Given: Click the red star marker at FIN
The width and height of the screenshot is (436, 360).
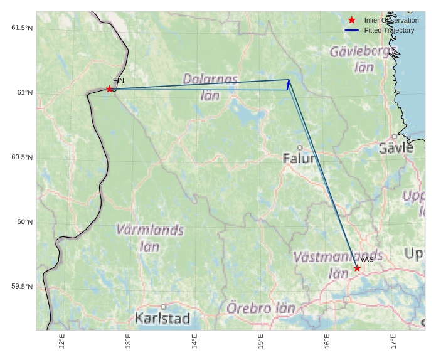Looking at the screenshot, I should coord(109,89).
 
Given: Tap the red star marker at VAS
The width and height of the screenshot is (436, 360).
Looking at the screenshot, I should coord(357,268).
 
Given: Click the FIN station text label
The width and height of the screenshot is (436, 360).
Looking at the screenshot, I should coord(119,80).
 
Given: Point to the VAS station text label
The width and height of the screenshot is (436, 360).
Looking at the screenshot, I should coord(367,259).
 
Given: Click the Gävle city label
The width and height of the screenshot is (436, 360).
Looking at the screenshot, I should coord(396,148).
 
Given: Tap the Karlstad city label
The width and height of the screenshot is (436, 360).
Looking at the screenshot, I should coord(162,318).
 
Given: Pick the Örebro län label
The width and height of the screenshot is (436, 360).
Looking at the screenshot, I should coord(260,308).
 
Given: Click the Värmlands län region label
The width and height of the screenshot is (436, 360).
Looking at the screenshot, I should coord(150,238).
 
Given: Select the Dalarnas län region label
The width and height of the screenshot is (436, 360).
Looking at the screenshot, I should coord(210,87).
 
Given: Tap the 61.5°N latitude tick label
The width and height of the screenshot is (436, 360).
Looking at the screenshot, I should coord(22,28).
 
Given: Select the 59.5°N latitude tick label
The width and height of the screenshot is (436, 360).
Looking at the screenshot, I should coord(22,287).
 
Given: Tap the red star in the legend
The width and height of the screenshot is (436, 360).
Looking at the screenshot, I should coord(352,20).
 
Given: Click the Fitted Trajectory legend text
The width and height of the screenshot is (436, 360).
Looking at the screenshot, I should coord(389,30).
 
